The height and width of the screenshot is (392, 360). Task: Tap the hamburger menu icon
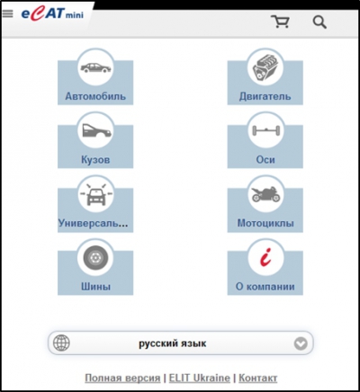[x=8, y=13]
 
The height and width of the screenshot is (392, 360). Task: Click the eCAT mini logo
[x=52, y=14]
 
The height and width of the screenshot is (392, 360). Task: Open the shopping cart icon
[x=280, y=22]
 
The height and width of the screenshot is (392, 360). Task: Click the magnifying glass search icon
[x=319, y=22]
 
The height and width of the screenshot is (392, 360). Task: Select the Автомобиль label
[x=95, y=96]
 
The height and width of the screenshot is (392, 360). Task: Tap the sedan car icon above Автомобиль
[x=95, y=67]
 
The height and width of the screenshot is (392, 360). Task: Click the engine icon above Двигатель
[x=265, y=67]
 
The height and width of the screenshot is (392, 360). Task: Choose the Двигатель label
[x=265, y=96]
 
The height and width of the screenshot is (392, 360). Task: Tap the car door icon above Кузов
[x=95, y=130]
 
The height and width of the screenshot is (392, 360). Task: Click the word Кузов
[x=95, y=159]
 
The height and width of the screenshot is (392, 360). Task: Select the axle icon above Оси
[x=265, y=130]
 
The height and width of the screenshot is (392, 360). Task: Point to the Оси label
[x=265, y=159]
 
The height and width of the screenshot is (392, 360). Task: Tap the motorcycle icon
[x=265, y=194]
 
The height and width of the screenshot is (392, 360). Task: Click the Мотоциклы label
[x=265, y=223]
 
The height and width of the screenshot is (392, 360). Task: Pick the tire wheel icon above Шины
[x=95, y=258]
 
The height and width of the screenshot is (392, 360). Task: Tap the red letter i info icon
[x=265, y=257]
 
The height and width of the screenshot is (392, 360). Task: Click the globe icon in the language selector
[x=61, y=343]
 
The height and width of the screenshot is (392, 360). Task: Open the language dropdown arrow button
[x=301, y=343]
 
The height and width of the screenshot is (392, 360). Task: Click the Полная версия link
[x=122, y=378]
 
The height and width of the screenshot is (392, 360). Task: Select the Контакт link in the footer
[x=257, y=378]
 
